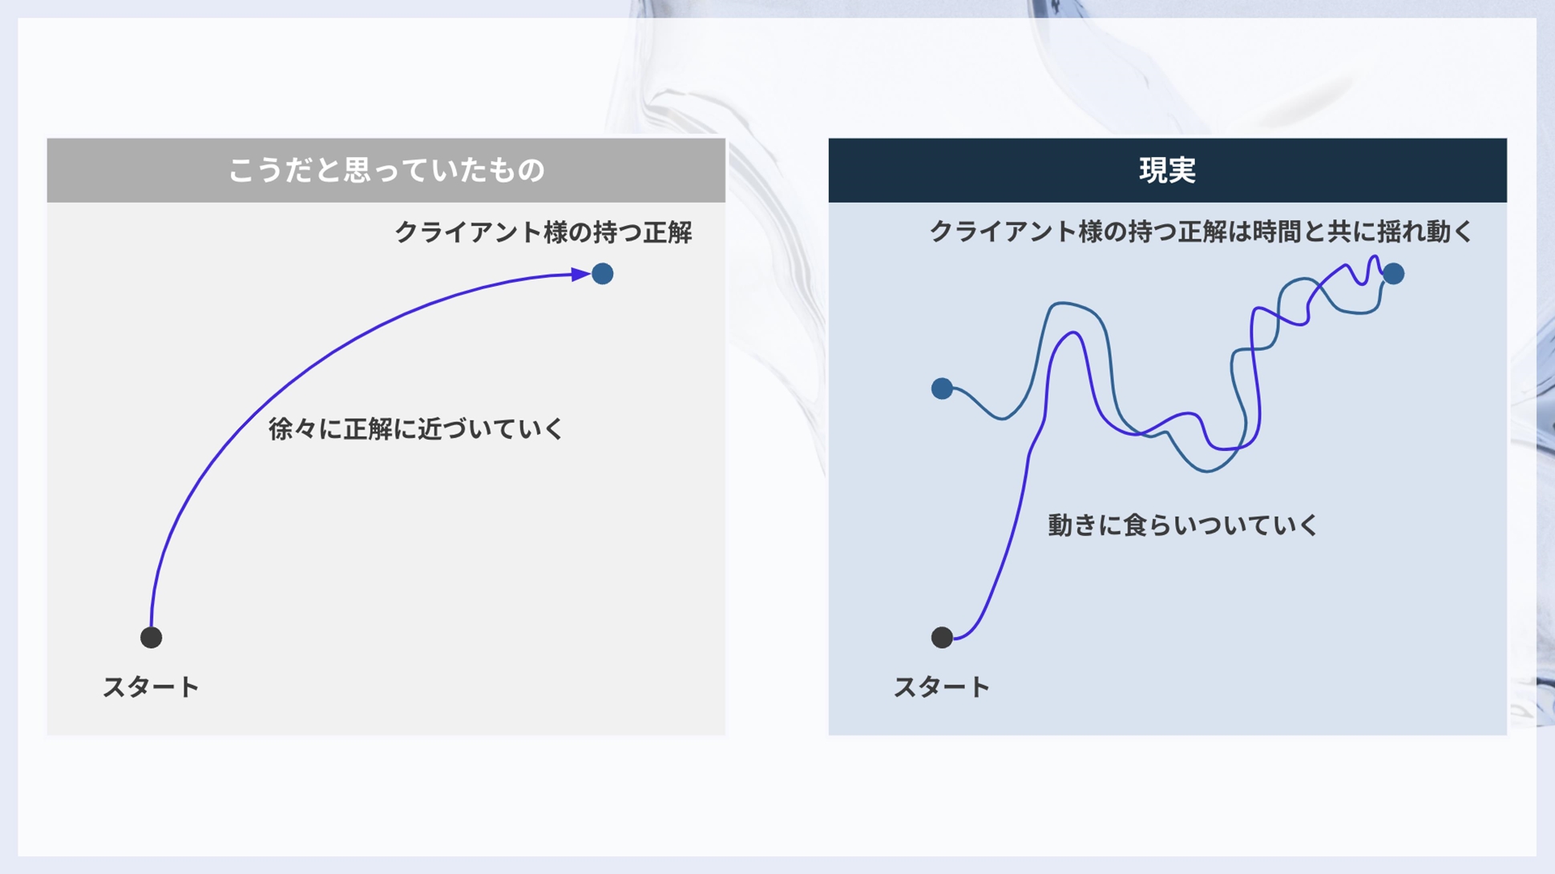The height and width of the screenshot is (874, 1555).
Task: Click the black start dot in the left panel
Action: point(151,637)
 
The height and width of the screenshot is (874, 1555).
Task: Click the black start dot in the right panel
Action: point(942,637)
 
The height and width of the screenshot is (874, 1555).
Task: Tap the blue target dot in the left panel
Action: point(603,274)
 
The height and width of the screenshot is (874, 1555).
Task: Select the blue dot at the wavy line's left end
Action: point(942,389)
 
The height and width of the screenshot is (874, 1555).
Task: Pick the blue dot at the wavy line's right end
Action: point(1394,274)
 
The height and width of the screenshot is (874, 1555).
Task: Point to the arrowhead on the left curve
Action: point(581,274)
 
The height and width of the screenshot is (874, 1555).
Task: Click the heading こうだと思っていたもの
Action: point(386,170)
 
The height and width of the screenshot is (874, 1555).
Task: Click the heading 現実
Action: point(1167,170)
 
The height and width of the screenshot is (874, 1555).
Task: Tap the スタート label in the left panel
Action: point(151,687)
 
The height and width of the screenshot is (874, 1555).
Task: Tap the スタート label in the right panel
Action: point(942,687)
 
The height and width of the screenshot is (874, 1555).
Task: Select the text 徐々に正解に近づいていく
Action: point(416,429)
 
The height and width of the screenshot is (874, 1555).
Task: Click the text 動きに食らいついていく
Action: point(1182,525)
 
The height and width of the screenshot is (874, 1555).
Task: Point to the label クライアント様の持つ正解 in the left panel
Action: point(543,232)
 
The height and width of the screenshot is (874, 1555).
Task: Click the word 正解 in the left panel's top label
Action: point(668,232)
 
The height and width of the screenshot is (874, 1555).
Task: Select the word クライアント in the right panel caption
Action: point(1004,232)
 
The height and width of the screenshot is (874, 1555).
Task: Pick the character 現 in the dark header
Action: point(1153,170)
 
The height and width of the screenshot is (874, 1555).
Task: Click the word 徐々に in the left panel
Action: point(306,429)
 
